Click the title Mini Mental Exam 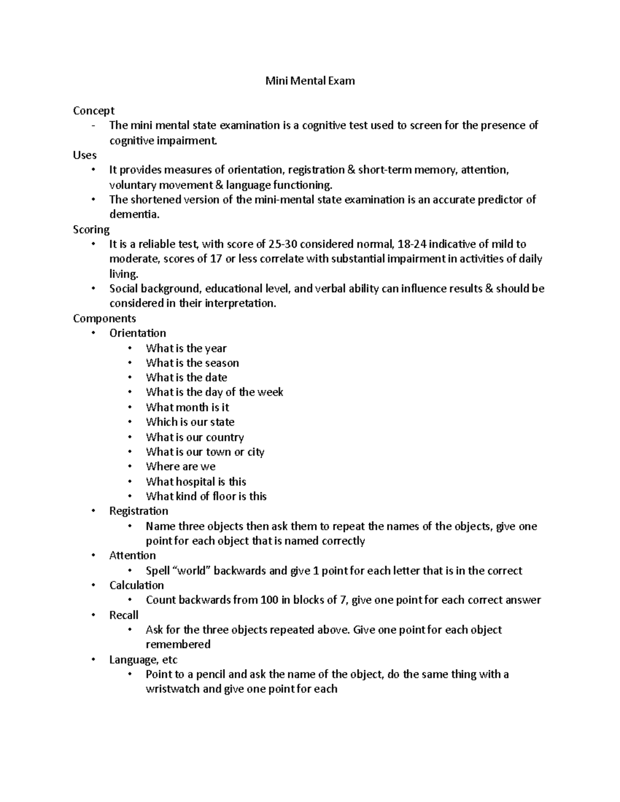pyautogui.click(x=310, y=81)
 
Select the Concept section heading pyautogui.click(x=94, y=111)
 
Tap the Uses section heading pyautogui.click(x=85, y=155)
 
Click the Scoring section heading pyautogui.click(x=91, y=229)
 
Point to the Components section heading pyautogui.click(x=104, y=318)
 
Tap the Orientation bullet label pyautogui.click(x=137, y=333)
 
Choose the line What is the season pyautogui.click(x=192, y=363)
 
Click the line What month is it pyautogui.click(x=187, y=407)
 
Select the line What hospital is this pyautogui.click(x=196, y=482)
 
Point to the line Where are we pyautogui.click(x=180, y=467)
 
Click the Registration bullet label pyautogui.click(x=138, y=511)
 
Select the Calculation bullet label pyautogui.click(x=136, y=586)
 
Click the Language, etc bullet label pyautogui.click(x=143, y=660)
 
